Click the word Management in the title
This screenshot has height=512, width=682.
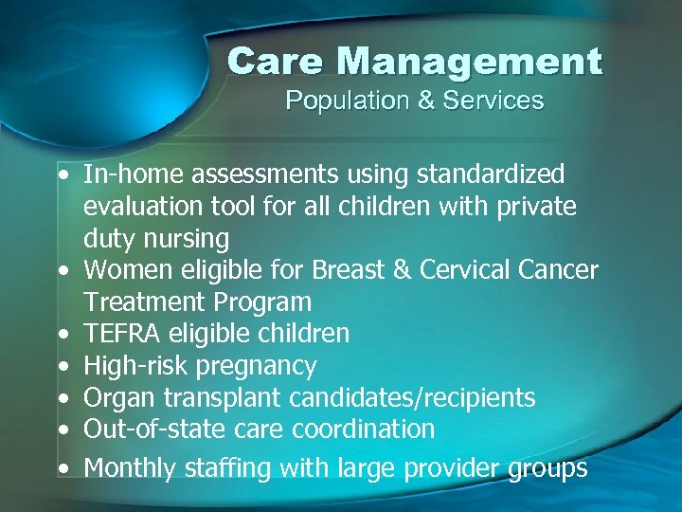click(469, 63)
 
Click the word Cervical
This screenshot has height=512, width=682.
click(474, 270)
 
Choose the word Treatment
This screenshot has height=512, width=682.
click(144, 302)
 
